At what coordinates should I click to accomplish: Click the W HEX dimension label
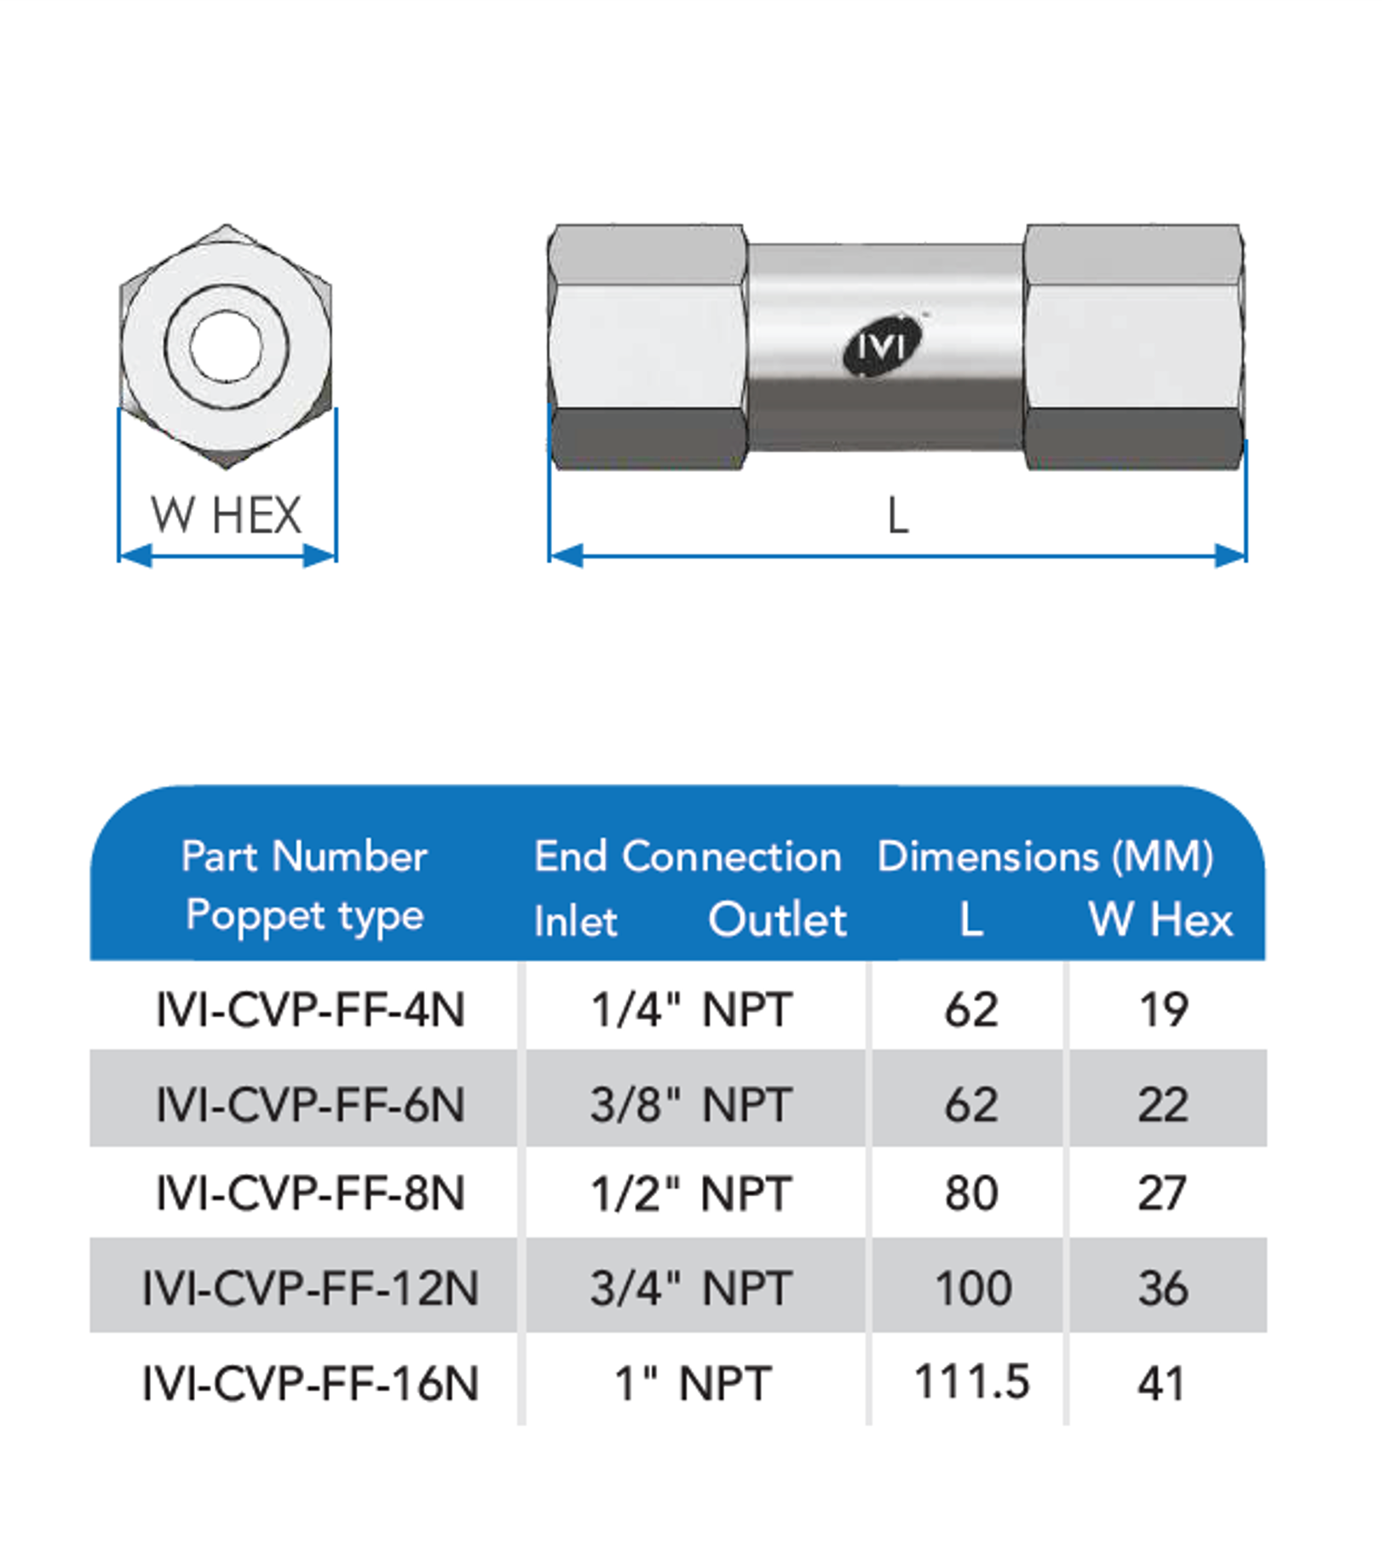(227, 515)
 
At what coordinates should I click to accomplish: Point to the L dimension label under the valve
(898, 516)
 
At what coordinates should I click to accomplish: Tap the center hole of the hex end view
(227, 346)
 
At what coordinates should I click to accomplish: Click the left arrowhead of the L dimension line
(566, 556)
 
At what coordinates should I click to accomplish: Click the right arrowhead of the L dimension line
(1229, 556)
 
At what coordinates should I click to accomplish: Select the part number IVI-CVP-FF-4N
(310, 1011)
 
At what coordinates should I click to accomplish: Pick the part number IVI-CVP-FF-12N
(310, 1287)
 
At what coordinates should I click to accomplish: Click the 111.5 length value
(971, 1381)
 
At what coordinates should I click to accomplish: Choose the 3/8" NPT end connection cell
(691, 1105)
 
